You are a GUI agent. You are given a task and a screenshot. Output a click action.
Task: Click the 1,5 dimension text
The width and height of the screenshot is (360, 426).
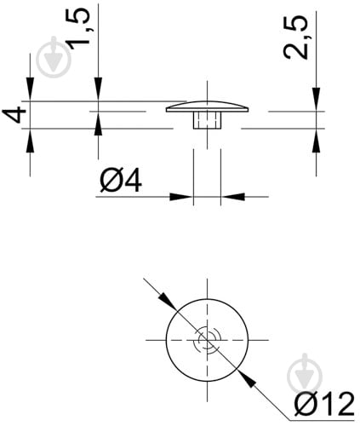[x=77, y=28]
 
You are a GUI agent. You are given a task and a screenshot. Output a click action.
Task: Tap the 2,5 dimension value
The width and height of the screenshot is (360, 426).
[x=295, y=37]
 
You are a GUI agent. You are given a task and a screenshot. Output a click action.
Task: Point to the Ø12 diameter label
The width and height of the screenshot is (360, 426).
[x=324, y=404]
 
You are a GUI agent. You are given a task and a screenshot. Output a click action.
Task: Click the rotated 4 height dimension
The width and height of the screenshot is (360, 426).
[x=14, y=114]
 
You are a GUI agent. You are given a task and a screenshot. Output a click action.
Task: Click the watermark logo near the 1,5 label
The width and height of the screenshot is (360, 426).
[x=54, y=57]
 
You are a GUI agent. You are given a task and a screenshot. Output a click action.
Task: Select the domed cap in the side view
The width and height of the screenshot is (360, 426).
[x=208, y=106]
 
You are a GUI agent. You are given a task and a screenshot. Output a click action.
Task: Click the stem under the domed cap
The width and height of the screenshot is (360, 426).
[x=208, y=120]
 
